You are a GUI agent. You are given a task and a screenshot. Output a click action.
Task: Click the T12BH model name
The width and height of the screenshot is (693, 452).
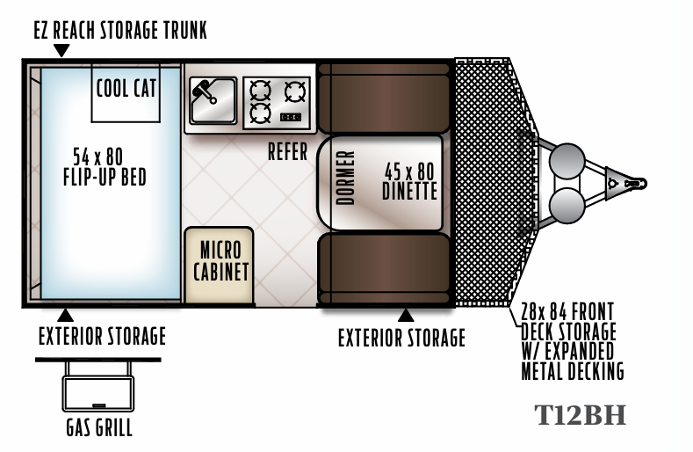[581, 415]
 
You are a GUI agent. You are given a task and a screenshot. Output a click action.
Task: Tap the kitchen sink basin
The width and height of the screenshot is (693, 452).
[213, 100]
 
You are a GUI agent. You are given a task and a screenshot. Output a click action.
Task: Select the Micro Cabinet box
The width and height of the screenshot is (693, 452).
[220, 265]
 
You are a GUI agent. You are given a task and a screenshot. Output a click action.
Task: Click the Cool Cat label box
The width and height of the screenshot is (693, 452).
[126, 93]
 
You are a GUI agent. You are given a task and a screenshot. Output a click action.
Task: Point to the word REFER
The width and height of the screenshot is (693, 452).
[287, 152]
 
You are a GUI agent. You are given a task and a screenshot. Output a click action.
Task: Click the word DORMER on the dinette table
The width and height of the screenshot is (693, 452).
[345, 178]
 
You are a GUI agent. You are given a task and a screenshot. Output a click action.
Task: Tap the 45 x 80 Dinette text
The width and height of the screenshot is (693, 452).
[409, 181]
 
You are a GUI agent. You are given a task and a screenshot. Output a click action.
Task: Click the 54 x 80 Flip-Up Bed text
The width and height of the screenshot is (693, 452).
[105, 167]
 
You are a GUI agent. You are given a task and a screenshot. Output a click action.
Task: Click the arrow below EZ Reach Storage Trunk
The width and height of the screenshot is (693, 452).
[61, 50]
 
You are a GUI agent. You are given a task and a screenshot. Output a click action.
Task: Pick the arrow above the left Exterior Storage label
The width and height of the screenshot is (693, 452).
[65, 315]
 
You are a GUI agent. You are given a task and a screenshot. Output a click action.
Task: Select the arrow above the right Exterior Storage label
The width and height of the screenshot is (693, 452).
[406, 315]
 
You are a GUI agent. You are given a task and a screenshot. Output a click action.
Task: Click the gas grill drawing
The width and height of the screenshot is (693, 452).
[98, 384]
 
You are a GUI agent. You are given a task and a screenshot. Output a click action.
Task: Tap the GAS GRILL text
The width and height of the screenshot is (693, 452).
[99, 427]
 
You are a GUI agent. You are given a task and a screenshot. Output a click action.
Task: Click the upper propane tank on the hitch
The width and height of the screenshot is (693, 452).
[567, 161]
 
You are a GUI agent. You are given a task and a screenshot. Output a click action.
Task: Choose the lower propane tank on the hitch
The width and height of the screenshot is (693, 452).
[567, 206]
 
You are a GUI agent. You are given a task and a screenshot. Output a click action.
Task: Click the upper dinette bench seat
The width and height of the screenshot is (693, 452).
[384, 98]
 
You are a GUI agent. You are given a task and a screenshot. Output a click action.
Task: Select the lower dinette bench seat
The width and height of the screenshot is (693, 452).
[384, 269]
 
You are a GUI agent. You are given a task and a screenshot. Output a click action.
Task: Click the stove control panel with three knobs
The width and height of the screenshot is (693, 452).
[291, 117]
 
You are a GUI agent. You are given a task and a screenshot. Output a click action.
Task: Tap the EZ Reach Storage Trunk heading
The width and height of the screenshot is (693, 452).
[120, 31]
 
